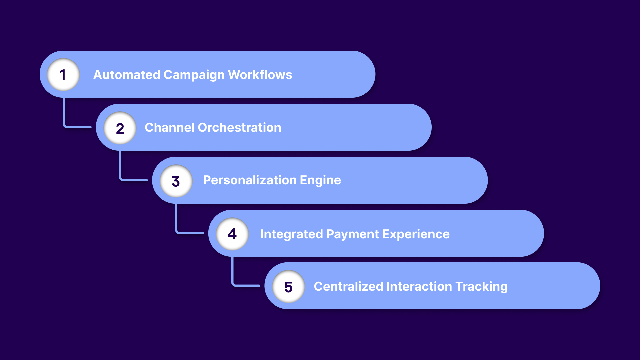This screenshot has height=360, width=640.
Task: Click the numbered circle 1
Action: [x=63, y=75]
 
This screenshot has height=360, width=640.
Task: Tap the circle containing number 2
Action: [x=120, y=128]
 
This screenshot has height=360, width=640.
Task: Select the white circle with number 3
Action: [x=176, y=181]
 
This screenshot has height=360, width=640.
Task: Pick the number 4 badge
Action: [x=232, y=234]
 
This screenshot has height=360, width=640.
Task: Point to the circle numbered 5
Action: [x=288, y=287]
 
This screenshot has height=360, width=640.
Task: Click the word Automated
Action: [x=127, y=75]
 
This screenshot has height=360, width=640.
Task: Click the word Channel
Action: [x=169, y=127]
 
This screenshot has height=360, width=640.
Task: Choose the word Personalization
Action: [x=250, y=180]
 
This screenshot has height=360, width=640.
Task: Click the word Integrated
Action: [x=291, y=234]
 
